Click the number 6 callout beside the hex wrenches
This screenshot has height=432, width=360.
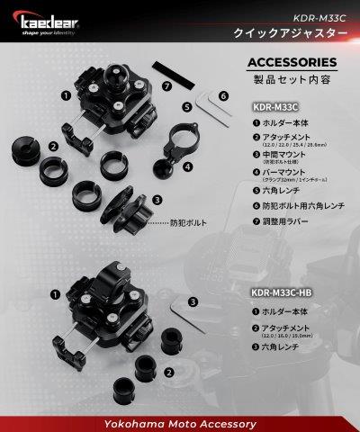[x=223, y=94]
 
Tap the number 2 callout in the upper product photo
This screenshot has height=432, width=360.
[x=54, y=147]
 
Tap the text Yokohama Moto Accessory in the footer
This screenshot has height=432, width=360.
[x=180, y=421]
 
